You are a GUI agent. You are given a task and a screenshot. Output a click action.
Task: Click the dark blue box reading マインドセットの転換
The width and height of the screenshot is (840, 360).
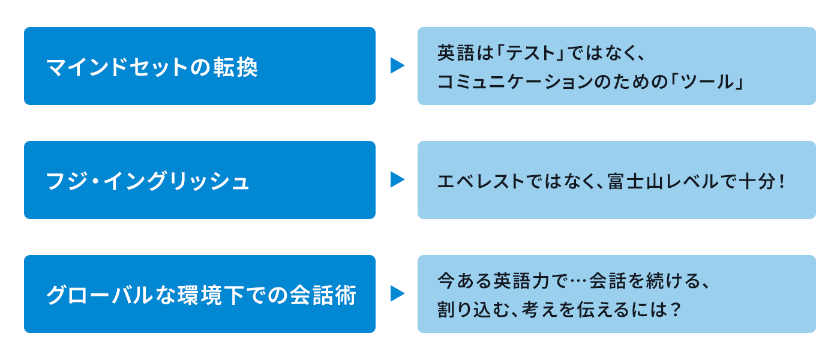tap(199, 66)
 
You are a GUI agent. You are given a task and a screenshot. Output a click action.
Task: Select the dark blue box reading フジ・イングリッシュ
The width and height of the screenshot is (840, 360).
tap(199, 180)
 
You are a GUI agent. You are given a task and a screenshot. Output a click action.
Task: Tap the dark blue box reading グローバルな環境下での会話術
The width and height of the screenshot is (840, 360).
tap(199, 294)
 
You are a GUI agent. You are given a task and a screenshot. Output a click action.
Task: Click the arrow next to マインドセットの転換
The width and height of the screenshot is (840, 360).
tap(397, 65)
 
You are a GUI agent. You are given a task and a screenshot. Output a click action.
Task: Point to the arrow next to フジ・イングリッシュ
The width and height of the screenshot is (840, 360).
tap(397, 179)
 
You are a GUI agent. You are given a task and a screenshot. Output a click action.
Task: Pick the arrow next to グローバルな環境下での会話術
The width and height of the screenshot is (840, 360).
tap(397, 293)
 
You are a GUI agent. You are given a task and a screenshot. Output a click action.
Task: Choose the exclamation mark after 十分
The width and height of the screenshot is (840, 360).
tap(781, 181)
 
